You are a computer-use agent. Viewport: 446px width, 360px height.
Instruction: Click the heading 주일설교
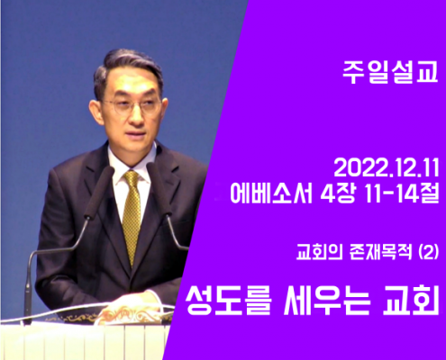[390, 73]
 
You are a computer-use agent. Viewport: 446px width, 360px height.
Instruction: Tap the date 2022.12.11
[387, 168]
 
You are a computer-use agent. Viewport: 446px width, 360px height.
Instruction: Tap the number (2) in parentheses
[429, 253]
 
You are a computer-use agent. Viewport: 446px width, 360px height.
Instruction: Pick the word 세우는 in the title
[327, 300]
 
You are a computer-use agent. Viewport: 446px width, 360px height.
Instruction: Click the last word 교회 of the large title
[411, 300]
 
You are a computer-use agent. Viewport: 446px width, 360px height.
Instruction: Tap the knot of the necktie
[132, 177]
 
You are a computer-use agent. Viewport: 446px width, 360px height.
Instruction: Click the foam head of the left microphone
[99, 192]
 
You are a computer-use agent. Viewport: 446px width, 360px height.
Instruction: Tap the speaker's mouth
[137, 133]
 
